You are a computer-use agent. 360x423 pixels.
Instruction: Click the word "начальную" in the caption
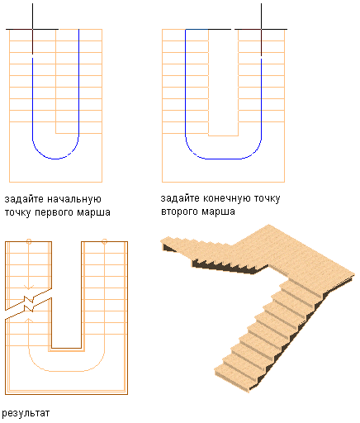point(74,199)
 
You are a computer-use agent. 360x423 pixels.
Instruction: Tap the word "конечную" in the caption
point(226,198)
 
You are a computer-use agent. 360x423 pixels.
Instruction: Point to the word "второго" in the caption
point(180,211)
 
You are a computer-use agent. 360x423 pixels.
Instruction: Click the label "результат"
point(26,413)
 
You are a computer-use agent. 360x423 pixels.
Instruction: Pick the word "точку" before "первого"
point(17,212)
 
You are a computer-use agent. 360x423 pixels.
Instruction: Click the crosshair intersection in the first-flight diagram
point(32,29)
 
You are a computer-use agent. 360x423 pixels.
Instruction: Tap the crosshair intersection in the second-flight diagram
point(261,29)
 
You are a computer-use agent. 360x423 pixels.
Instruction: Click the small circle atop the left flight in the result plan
point(29,241)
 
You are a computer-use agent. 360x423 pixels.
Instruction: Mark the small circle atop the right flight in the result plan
point(104,241)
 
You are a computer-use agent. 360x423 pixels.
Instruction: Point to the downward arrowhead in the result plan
point(29,288)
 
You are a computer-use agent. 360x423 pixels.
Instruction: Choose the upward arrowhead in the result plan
point(29,321)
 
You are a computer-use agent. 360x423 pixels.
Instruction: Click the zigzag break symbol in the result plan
point(29,304)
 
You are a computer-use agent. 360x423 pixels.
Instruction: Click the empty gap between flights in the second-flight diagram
point(223,82)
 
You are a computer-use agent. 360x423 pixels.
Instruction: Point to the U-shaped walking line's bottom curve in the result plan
point(66,371)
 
